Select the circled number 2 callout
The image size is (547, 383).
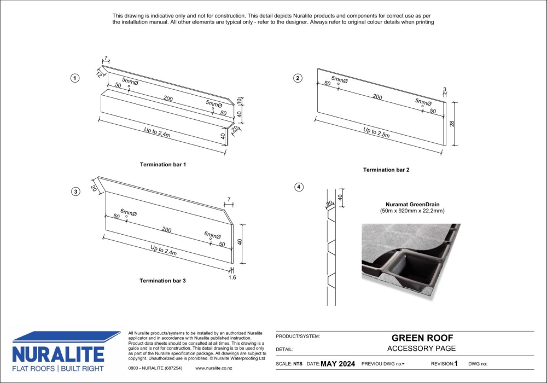coord(298,78)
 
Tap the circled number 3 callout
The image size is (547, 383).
coord(75,191)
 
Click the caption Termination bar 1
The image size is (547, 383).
coord(163,165)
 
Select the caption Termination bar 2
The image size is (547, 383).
coord(386,170)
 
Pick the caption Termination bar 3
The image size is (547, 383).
coord(162,281)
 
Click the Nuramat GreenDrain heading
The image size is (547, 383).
coord(412,205)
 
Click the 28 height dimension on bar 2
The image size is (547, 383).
coord(452,124)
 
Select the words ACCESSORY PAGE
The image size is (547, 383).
coord(421,349)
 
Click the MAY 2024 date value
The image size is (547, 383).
coord(337,364)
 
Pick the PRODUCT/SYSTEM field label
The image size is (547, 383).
coord(298,336)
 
